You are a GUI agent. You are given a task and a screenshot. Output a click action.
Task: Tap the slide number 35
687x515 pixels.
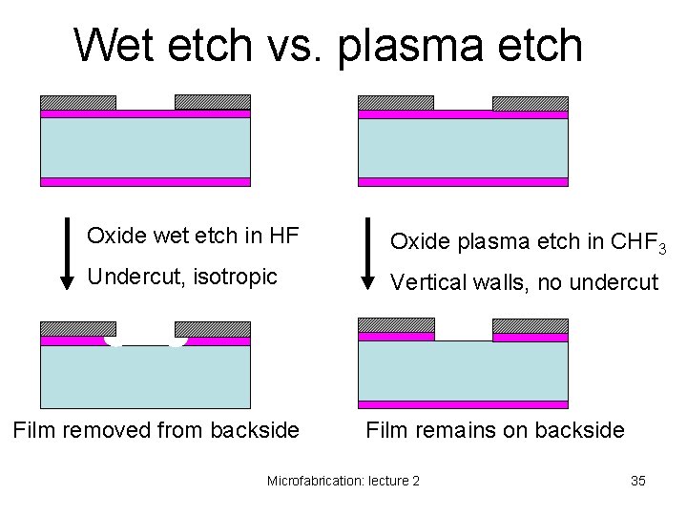(638, 481)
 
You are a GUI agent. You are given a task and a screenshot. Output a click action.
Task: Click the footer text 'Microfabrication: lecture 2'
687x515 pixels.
(343, 481)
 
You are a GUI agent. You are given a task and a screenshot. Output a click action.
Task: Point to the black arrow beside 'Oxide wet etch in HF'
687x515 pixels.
(66, 254)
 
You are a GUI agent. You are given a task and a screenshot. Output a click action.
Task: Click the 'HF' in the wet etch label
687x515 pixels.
(285, 234)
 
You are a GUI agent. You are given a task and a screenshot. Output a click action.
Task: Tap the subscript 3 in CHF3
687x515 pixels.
(660, 249)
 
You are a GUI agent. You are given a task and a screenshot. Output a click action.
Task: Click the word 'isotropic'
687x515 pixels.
(237, 277)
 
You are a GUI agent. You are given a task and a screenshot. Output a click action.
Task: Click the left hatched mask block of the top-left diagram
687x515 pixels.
(77, 102)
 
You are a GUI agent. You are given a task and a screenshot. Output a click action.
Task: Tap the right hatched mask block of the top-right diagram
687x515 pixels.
(530, 103)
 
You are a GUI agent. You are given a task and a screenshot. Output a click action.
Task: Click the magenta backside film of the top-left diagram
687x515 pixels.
(145, 181)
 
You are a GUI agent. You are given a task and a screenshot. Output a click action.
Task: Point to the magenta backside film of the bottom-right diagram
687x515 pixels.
(463, 404)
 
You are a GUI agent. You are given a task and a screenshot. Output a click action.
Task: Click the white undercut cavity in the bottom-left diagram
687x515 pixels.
(145, 340)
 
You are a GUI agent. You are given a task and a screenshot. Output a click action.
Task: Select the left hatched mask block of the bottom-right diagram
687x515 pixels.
(396, 325)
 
